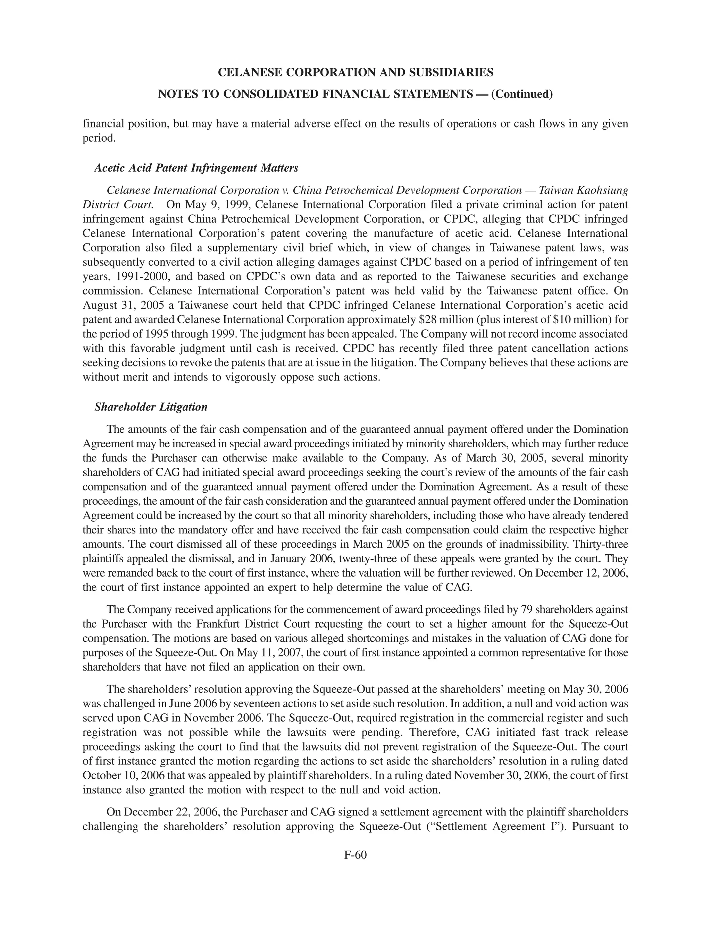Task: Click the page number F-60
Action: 355,855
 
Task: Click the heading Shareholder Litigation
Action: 151,407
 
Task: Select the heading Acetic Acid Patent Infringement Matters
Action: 196,168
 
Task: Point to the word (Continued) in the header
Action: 522,94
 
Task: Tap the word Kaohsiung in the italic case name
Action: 601,190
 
